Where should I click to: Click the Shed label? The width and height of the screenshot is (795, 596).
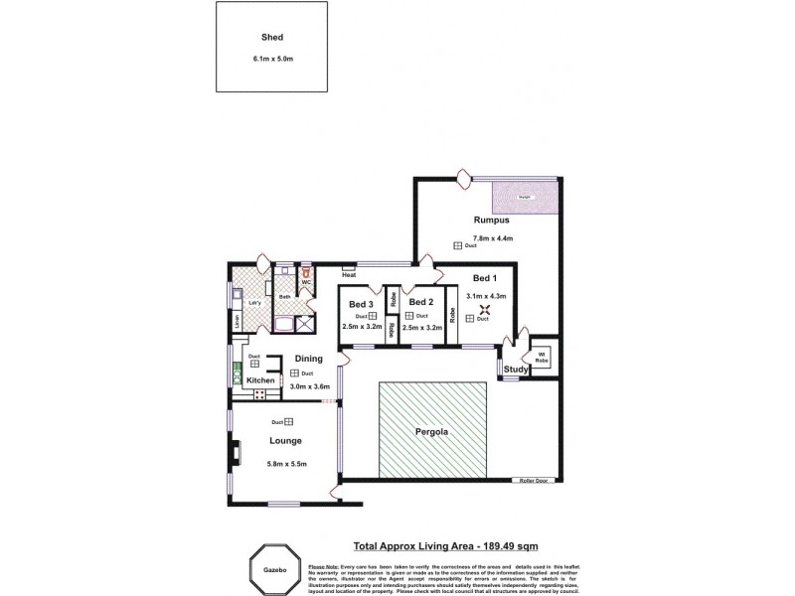[272, 39]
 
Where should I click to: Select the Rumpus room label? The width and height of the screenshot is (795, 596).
[492, 222]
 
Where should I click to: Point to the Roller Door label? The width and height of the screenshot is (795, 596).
[534, 480]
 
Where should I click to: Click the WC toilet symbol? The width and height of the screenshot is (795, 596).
[307, 271]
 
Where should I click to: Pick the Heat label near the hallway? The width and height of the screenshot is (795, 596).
[349, 275]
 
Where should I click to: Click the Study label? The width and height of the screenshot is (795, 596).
[516, 370]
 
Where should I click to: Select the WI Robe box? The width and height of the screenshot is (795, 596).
[544, 357]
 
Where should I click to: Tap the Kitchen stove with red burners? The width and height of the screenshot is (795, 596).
[260, 394]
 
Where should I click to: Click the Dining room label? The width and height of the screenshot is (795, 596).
[309, 359]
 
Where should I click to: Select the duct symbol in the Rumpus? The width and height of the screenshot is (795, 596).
[458, 245]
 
